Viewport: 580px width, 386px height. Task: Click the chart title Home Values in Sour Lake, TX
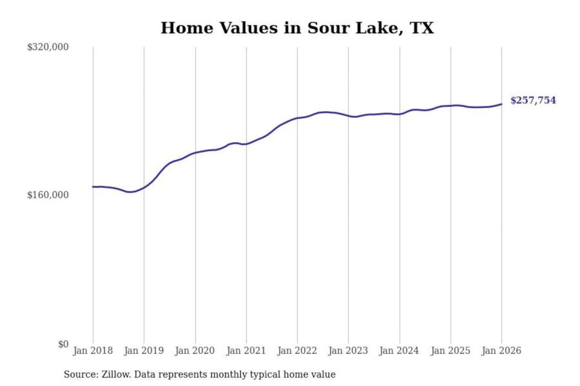297,28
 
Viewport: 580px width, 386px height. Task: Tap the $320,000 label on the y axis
48,47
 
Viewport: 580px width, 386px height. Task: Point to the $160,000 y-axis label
48,195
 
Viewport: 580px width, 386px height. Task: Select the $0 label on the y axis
63,344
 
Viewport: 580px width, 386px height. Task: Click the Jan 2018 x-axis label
93,351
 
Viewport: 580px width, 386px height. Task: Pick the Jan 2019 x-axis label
144,351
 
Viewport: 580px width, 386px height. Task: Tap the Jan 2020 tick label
195,351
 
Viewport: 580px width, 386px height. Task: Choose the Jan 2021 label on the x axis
246,351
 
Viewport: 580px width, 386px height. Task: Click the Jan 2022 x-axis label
297,351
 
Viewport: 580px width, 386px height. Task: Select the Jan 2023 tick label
348,351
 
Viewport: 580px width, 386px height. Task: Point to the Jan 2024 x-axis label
399,351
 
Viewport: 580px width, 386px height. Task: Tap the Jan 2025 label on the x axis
450,351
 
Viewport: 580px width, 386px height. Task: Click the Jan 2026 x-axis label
501,351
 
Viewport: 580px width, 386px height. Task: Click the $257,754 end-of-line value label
533,100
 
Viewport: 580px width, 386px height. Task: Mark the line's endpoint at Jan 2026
501,104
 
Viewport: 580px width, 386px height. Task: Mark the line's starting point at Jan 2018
93,187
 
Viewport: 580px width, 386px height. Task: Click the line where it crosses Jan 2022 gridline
297,118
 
